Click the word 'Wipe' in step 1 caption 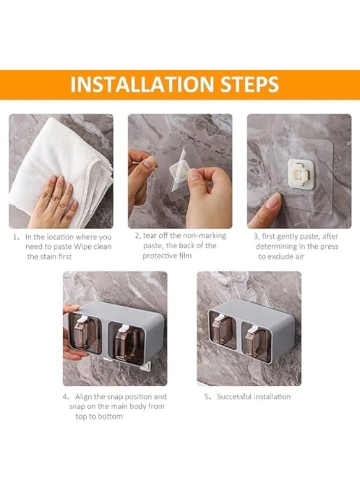click(x=82, y=247)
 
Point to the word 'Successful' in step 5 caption click(x=234, y=397)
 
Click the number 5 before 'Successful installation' click(x=207, y=397)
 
